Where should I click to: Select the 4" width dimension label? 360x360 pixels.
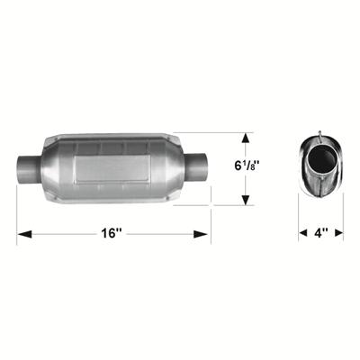(321, 233)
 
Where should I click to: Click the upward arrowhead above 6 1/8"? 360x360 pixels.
(247, 138)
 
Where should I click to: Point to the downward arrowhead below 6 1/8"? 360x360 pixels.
(247, 199)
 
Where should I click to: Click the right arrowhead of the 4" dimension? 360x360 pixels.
(339, 234)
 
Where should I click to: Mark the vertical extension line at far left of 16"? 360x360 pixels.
(18, 216)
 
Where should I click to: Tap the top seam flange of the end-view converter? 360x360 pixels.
(320, 137)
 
